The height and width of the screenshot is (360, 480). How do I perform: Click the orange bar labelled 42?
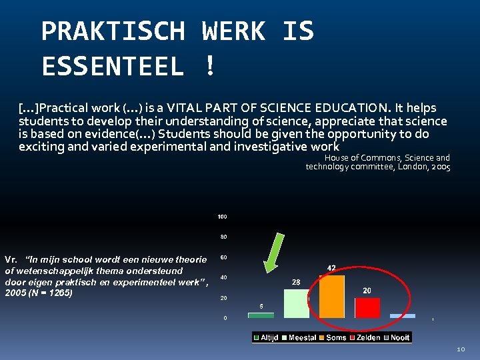pos(331,296)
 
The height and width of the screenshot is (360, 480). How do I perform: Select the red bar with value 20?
pos(367,307)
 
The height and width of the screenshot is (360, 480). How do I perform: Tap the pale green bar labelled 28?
pos(297,303)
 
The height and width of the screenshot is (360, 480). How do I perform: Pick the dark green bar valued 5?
pos(261,315)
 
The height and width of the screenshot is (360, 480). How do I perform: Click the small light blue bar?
pos(403,316)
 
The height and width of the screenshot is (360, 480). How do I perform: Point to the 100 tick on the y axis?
pos(223,217)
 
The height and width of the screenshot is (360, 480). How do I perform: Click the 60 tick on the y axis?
pos(224,257)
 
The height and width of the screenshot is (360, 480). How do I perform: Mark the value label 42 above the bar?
pos(331,267)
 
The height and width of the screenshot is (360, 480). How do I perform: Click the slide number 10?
pos(461,349)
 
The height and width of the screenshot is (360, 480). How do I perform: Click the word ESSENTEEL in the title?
pos(113,67)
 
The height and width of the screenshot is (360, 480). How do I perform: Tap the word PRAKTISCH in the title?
pos(113,31)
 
